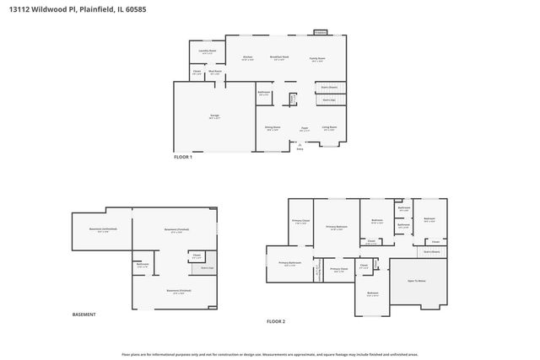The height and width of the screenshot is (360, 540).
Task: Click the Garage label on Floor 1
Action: pos(202,116)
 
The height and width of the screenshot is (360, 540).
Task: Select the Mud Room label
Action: pos(216,72)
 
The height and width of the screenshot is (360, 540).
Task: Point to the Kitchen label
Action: pos(247,57)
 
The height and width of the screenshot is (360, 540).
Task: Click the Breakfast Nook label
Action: pos(279,57)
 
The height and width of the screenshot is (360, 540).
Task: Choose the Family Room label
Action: pos(317,57)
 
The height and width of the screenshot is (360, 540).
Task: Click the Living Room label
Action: pos(329,127)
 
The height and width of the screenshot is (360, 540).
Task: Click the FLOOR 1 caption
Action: pos(183,158)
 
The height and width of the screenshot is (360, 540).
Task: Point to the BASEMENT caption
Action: pos(84,314)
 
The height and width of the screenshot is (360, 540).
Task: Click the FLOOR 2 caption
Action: pos(276,321)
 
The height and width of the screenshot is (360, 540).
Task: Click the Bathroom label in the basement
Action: pos(143,264)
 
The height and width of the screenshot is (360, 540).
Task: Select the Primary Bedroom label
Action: pos(337,226)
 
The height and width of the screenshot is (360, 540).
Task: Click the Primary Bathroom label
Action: pos(290,262)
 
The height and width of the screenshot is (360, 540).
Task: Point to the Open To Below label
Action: pos(417,280)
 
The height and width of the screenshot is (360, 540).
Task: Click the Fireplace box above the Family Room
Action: pos(321,32)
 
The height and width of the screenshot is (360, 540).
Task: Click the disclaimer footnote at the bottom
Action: pos(270,354)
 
